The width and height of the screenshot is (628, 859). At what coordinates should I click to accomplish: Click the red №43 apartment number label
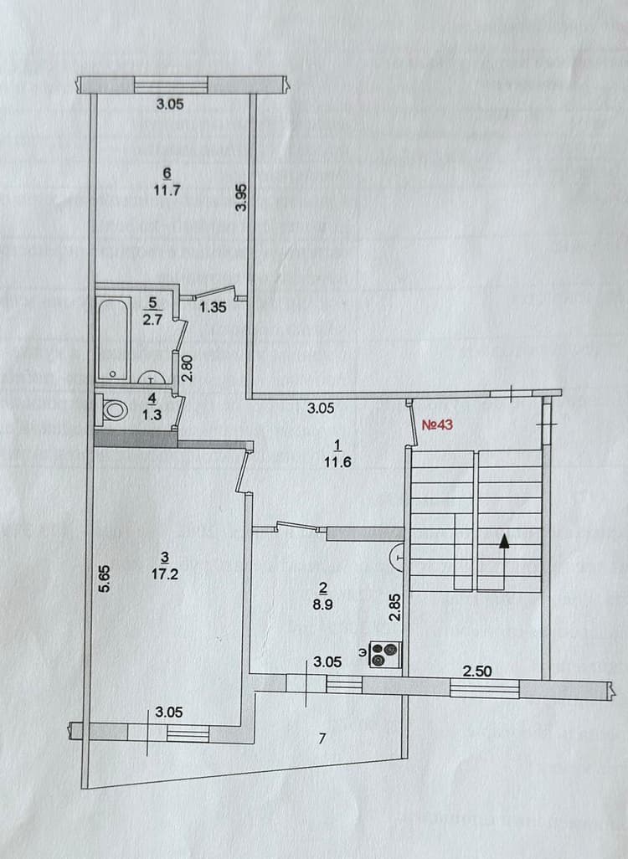[x=437, y=424]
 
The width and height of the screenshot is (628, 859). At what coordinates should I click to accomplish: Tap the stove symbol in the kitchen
[x=386, y=655]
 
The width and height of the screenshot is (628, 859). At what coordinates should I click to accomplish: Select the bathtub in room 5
[x=113, y=339]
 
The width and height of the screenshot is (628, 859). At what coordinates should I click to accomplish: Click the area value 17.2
[x=165, y=574]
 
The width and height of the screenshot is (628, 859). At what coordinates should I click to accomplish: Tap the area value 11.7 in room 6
[x=167, y=191]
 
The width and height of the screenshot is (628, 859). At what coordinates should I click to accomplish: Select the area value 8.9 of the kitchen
[x=323, y=604]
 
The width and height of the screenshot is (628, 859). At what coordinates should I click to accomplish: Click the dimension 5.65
[x=104, y=579]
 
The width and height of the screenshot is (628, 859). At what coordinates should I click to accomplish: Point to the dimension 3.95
[x=241, y=198]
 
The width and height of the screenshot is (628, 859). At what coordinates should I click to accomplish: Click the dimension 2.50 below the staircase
[x=477, y=671]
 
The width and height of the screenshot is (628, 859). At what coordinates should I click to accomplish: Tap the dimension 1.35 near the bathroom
[x=213, y=307]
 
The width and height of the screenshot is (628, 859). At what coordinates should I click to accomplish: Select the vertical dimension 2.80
[x=188, y=368]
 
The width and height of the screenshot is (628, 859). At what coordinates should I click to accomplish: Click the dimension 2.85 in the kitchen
[x=394, y=608]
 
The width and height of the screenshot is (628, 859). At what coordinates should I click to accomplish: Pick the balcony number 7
[x=322, y=738]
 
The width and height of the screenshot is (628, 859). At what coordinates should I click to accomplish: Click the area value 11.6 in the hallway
[x=337, y=462]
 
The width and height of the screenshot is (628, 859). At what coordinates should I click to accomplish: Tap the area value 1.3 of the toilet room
[x=152, y=415]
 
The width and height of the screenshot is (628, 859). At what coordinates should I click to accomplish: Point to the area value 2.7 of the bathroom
[x=152, y=319]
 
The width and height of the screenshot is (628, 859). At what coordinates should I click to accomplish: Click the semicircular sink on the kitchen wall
[x=398, y=558]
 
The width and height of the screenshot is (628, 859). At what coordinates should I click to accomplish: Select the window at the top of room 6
[x=171, y=85]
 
